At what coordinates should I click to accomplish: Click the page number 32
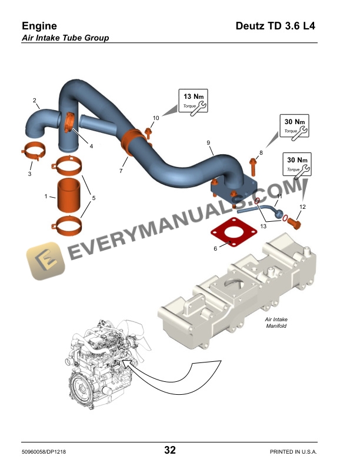click(170, 451)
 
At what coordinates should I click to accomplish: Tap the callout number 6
click(215, 249)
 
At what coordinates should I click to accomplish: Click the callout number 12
click(302, 207)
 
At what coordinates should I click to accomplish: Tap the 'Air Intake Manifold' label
click(276, 323)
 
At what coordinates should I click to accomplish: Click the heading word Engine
click(39, 26)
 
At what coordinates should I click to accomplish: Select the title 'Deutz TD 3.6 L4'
click(275, 26)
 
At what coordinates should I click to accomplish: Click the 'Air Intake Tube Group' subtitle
click(65, 38)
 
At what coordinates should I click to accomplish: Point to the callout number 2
click(35, 100)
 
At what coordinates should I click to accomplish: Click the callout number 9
click(208, 142)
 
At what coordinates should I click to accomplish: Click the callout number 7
click(121, 171)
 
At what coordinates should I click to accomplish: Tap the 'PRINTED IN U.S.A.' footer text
click(293, 451)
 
